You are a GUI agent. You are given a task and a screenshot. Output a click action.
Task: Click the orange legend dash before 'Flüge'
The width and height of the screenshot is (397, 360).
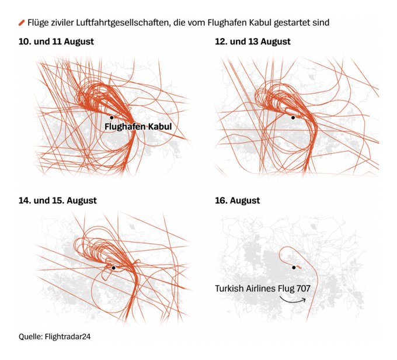22,23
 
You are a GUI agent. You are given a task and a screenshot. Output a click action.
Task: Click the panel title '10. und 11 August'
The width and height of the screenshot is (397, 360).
56,41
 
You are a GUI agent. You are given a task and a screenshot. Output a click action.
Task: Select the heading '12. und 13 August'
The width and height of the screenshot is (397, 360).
253,41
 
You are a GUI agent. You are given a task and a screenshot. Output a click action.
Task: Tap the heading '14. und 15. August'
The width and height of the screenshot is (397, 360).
58,200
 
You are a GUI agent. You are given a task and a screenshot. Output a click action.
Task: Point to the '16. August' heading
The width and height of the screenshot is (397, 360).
238,200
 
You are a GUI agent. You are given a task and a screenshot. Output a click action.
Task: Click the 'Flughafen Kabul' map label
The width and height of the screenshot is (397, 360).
138,126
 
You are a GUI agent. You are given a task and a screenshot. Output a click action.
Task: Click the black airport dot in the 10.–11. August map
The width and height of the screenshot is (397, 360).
112,117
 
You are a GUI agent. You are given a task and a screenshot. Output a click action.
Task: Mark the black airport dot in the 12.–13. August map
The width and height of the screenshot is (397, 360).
293,117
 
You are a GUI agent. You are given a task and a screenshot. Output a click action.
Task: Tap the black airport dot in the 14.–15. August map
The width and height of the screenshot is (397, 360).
113,268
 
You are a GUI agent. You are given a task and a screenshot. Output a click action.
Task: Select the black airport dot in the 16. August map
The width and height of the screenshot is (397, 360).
294,268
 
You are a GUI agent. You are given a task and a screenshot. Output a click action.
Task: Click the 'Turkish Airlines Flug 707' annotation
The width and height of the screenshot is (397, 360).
263,289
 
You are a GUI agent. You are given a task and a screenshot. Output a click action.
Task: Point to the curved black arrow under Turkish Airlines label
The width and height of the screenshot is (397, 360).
292,300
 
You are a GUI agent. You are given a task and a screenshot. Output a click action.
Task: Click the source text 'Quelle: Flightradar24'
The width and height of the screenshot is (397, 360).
54,337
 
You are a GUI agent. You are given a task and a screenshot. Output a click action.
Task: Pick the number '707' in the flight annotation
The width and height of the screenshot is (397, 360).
304,289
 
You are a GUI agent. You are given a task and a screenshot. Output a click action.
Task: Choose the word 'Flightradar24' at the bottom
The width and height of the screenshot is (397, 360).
68,337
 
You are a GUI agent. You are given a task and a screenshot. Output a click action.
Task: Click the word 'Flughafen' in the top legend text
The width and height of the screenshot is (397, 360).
227,23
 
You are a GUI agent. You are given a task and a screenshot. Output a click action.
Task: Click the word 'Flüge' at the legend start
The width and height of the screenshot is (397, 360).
38,23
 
